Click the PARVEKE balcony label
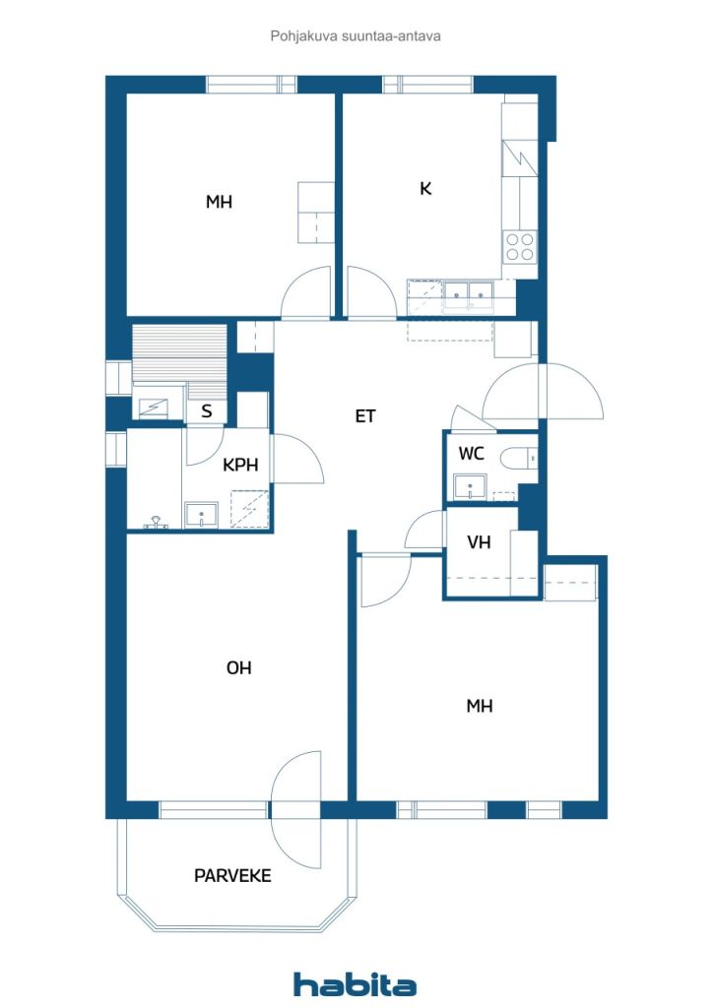pos(232,875)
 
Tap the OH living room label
pos(238,668)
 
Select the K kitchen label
pos(425,188)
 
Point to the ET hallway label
pos(365,416)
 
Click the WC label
pos(471,453)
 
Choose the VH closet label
pos(479,542)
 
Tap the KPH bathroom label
pos(240,465)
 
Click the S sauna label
pos(207,411)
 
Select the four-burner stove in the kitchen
pos(519,247)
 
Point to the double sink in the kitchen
pos(469,293)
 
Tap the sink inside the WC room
pos(470,486)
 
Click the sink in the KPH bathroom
pos(201,515)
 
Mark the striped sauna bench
pos(179,353)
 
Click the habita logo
pos(355,984)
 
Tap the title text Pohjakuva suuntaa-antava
pos(356,36)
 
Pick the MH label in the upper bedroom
pos(219,202)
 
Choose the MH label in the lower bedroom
pos(479,706)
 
